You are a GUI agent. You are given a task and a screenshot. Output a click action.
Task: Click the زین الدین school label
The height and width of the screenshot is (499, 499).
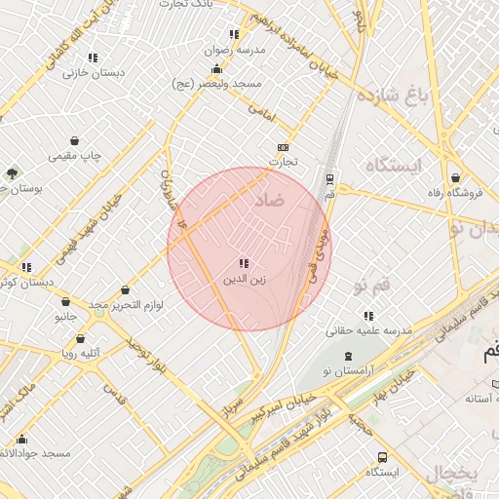(245, 281)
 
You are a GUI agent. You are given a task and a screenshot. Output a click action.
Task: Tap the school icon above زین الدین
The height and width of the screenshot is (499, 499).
(244, 264)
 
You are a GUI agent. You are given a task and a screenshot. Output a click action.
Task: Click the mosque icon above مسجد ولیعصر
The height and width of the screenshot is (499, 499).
(216, 69)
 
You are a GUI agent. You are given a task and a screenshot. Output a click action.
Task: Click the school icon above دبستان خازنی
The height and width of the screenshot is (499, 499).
(93, 58)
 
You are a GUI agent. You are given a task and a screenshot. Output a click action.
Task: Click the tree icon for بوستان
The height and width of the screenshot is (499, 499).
(12, 173)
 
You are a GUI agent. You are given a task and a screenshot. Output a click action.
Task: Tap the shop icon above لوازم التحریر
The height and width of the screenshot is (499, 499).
(126, 289)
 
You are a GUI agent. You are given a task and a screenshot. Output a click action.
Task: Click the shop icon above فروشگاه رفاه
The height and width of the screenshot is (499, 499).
(457, 178)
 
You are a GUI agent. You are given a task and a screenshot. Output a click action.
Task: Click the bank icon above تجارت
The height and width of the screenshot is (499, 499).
(284, 146)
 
